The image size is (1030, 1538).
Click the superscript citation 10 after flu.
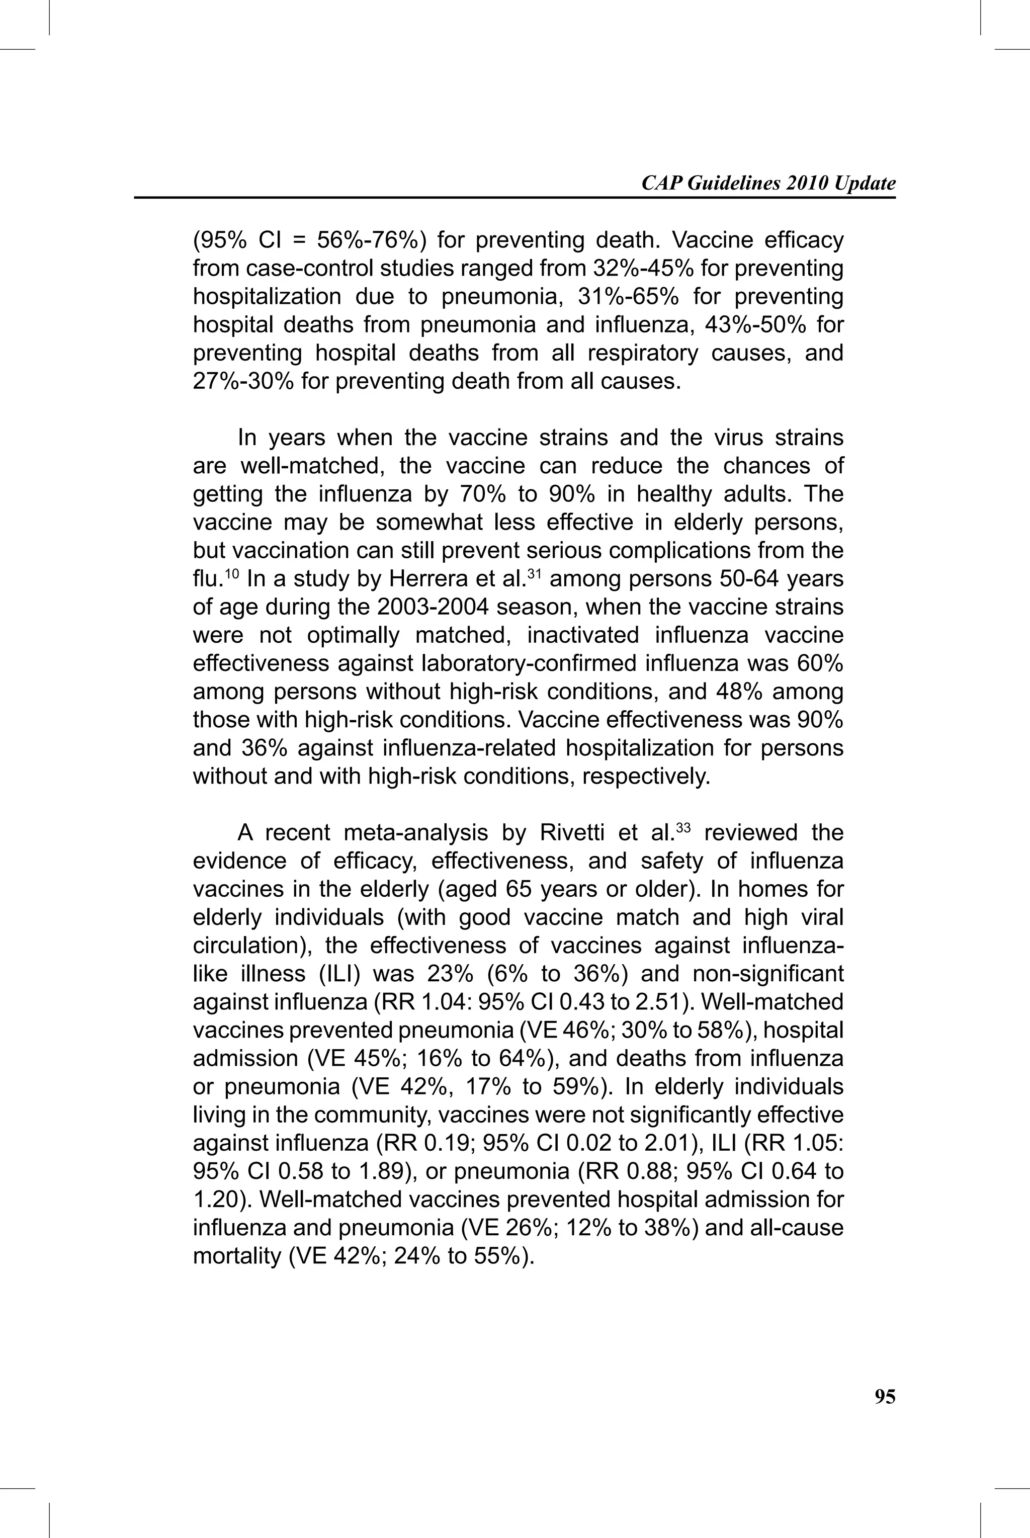click(x=232, y=573)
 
